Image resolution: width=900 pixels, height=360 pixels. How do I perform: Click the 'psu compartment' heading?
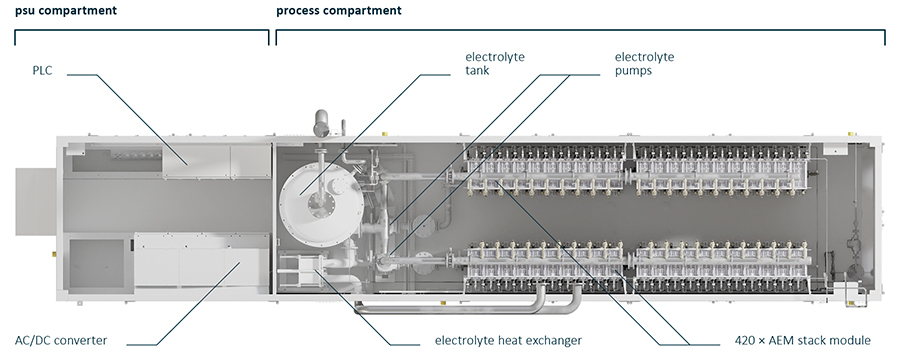pos(66,10)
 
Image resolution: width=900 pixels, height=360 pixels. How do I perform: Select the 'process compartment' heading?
pos(339,10)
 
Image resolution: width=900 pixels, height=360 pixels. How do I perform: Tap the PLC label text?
pos(42,72)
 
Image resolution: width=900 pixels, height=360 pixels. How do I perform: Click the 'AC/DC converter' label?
pos(61,340)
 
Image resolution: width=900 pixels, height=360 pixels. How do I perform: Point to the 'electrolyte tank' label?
pos(495,64)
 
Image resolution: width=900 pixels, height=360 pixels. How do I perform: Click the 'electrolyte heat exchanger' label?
pos(508,340)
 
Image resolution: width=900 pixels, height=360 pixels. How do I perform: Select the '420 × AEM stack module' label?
pos(802,340)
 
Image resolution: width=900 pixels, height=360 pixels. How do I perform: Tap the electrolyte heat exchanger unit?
pos(302,269)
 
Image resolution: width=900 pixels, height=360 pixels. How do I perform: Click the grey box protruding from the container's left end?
pos(35,201)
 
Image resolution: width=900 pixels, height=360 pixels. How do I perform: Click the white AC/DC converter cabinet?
pos(202,263)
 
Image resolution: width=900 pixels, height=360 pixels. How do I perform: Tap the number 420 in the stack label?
pos(744,340)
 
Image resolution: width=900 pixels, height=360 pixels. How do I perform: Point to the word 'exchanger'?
pos(553,341)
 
